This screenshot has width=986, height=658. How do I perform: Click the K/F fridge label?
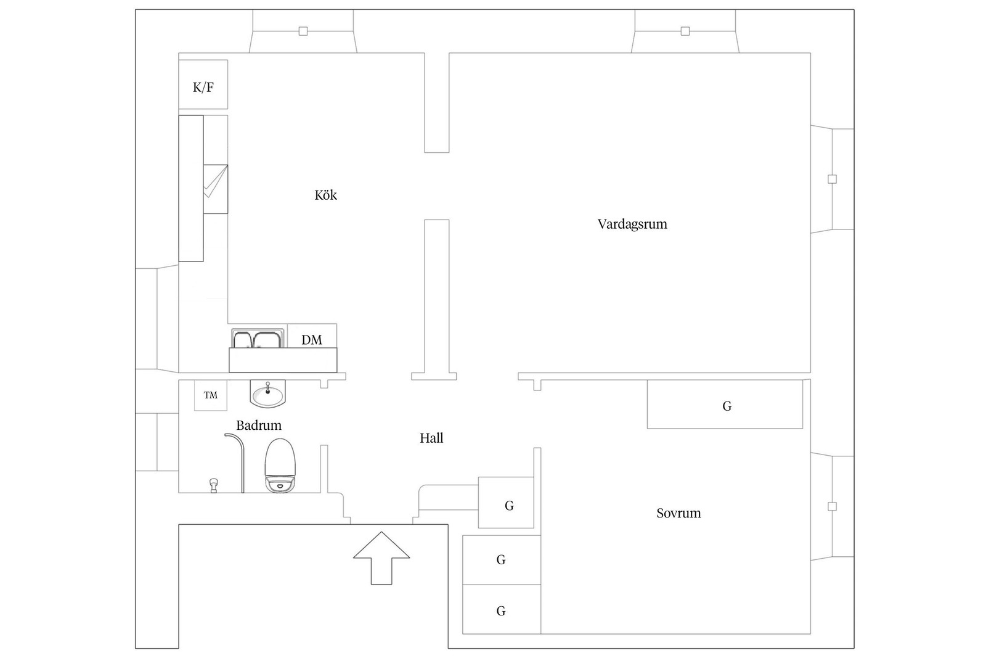click(203, 87)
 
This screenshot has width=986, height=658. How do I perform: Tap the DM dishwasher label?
click(312, 340)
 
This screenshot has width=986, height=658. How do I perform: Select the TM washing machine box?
click(211, 395)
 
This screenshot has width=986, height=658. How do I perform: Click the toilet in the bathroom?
click(280, 465)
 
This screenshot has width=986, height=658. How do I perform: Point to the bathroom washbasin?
click(268, 394)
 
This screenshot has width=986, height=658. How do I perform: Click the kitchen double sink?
click(258, 339)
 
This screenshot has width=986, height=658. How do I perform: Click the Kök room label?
click(326, 195)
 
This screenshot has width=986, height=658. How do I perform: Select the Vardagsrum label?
click(632, 224)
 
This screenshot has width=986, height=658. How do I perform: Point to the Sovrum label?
click(678, 513)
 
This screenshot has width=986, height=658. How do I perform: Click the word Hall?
click(431, 438)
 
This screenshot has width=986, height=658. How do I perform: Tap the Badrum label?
click(259, 426)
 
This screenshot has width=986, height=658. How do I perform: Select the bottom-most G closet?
click(501, 611)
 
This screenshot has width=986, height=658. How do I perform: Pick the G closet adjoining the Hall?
click(507, 503)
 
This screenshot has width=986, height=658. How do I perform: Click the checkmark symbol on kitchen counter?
click(215, 183)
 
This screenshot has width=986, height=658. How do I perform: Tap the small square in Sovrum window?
click(833, 507)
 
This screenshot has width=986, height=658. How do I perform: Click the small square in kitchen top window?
click(303, 31)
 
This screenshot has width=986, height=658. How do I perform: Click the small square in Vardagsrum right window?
click(833, 179)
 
